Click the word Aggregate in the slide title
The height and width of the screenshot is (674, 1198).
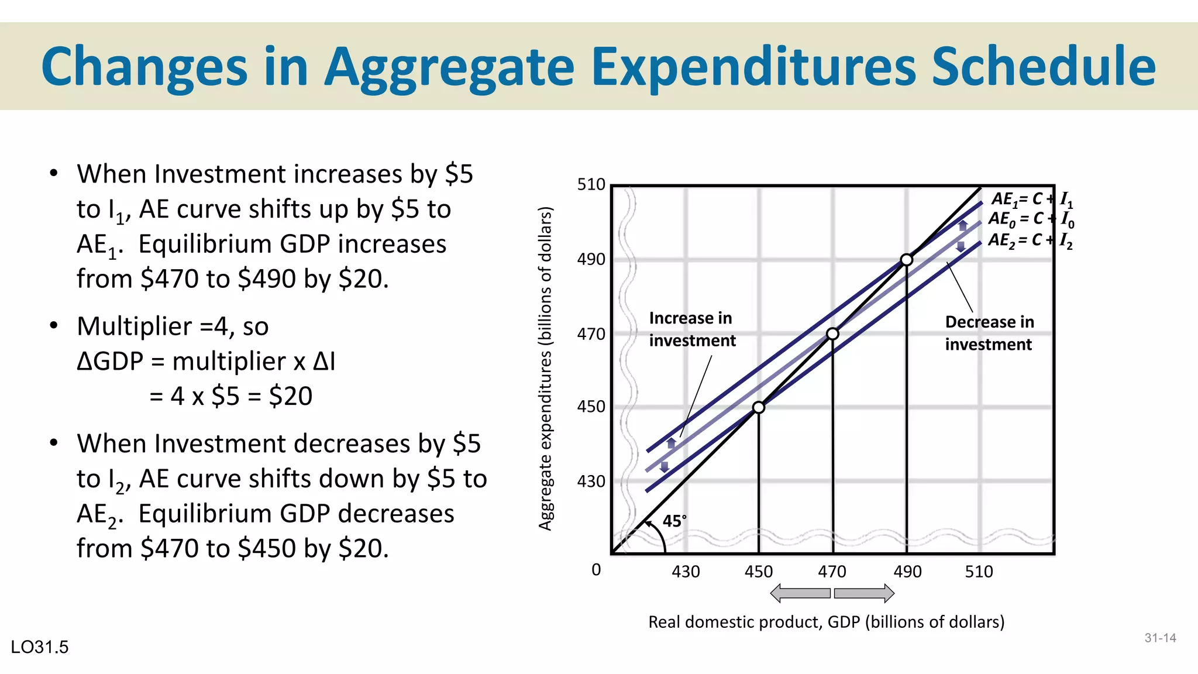(449, 67)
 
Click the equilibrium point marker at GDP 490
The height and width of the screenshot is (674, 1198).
(906, 260)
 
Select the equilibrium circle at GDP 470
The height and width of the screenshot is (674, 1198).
(832, 334)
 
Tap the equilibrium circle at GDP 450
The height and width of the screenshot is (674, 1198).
(758, 407)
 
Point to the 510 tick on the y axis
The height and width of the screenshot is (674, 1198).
(591, 185)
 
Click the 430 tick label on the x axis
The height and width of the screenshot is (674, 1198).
(686, 572)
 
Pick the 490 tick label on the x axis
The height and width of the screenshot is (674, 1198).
(907, 572)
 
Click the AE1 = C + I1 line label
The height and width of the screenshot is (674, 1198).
(1032, 200)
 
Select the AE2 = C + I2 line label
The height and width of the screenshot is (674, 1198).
(1030, 240)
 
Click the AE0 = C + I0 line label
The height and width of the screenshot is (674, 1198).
(1031, 219)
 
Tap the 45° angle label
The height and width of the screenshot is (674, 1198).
(674, 521)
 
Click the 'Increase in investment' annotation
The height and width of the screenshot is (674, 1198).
(692, 329)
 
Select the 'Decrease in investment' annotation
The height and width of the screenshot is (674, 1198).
(989, 333)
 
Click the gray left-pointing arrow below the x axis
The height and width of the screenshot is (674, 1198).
(800, 593)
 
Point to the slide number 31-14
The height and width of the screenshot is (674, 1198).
(1160, 638)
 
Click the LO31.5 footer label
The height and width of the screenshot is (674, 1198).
(40, 647)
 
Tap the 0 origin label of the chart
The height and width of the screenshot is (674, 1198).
(596, 570)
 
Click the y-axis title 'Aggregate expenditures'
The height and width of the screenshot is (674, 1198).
(545, 369)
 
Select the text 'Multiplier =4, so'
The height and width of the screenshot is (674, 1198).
(173, 326)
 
